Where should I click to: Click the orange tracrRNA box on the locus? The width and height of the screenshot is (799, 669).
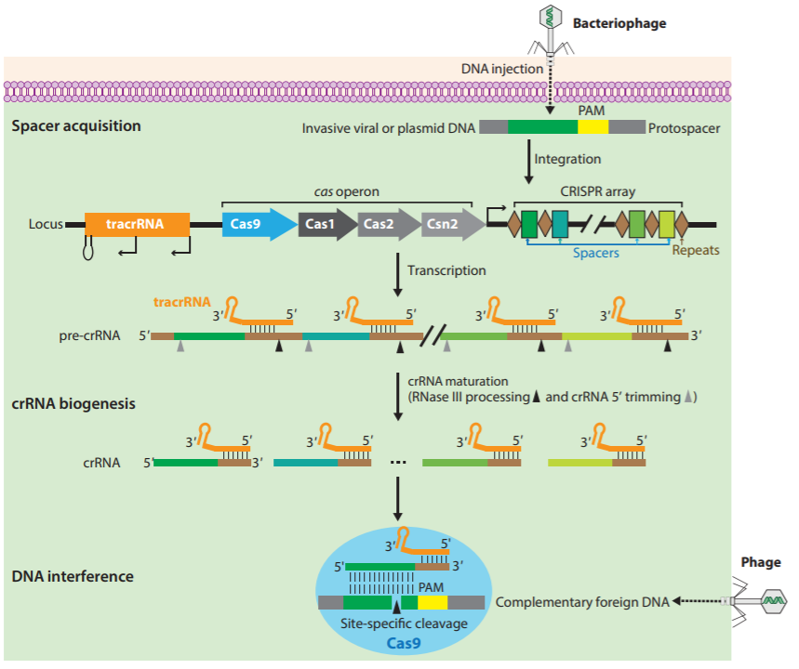[x=137, y=224]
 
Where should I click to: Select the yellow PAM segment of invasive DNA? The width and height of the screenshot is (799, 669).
[x=593, y=128]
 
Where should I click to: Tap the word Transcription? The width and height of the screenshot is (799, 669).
[x=446, y=270]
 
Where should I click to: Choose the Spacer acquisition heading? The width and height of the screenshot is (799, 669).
[x=76, y=125]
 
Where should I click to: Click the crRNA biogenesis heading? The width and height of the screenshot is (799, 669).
[x=73, y=404]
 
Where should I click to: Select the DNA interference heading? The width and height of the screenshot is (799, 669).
[x=73, y=576]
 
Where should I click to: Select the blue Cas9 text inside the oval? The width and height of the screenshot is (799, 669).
[x=401, y=640]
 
